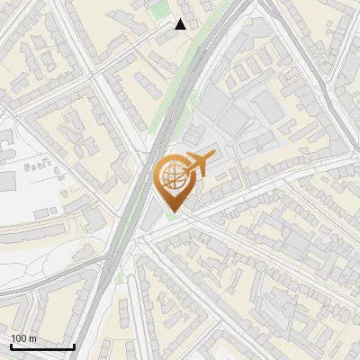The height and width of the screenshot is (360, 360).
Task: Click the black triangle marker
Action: pos(181,24)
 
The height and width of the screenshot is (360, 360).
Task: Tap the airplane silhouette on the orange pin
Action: pos(199,163)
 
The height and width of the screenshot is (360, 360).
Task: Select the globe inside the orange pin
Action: pos(174,177)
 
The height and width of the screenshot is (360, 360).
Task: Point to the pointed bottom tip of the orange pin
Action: pos(175,212)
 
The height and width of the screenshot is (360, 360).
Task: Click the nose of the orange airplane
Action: pos(213,157)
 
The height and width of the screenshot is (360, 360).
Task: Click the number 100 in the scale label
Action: pos(19,338)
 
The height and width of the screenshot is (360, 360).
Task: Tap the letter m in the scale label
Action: pos(32,338)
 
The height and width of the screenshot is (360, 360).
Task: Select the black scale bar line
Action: pos(42,346)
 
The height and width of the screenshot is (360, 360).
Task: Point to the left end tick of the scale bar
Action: pos(11,345)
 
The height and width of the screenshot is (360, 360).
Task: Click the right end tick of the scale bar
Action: pos(74,345)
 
